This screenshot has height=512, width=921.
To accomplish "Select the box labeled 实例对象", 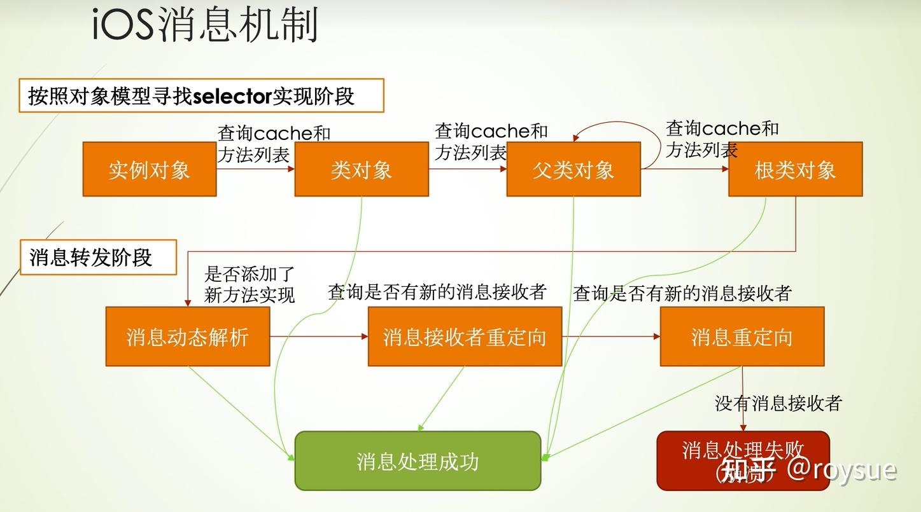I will coord(150,169).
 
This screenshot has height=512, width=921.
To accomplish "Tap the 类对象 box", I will coord(361,169).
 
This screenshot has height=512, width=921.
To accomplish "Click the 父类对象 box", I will coord(573,169).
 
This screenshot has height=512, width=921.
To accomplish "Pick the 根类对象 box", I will coord(795,169).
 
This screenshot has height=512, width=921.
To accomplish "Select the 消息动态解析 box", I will coord(187,336).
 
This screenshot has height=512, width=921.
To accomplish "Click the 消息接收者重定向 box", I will coord(465,336).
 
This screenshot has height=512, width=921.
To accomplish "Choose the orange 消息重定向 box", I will coord(742,336).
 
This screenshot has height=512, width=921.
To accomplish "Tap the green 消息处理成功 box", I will coord(418,461).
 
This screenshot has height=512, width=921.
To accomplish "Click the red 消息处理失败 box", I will coord(743,450).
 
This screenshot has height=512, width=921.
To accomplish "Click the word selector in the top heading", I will coord(232,96).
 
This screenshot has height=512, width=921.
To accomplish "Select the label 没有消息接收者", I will coord(778,403).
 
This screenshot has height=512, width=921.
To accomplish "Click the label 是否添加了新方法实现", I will coord(250,284).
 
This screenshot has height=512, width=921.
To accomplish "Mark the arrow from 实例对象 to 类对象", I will coord(255,169).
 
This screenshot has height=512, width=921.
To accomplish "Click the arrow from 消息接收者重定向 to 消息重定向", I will coord(610,336).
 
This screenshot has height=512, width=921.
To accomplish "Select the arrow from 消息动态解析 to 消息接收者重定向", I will coord(319,336).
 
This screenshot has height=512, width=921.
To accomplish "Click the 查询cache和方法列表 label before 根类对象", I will coord(722,139).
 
